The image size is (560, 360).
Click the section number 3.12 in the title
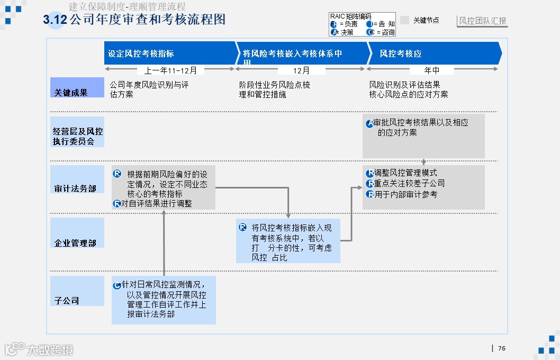tap(55, 20)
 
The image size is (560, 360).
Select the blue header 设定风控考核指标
tap(141, 53)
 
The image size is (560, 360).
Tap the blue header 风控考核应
tap(401, 53)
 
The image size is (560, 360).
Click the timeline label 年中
tap(431, 70)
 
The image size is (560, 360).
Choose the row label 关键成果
tap(71, 93)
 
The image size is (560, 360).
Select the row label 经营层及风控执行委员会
tap(77, 137)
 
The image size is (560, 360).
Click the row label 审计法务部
tap(75, 188)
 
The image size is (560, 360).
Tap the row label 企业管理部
tap(75, 243)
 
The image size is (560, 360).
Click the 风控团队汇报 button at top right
tap(483, 21)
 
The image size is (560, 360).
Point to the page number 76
tap(502, 348)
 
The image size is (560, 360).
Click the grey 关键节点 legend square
tap(404, 20)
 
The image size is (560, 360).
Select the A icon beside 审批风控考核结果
tap(369, 124)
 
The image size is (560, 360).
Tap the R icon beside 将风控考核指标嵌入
tap(243, 227)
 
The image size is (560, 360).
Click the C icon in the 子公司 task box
tap(117, 285)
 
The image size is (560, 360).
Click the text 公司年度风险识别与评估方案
tap(149, 89)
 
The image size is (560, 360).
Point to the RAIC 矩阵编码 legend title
tap(350, 16)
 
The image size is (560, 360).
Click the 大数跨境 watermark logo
tap(39, 349)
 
